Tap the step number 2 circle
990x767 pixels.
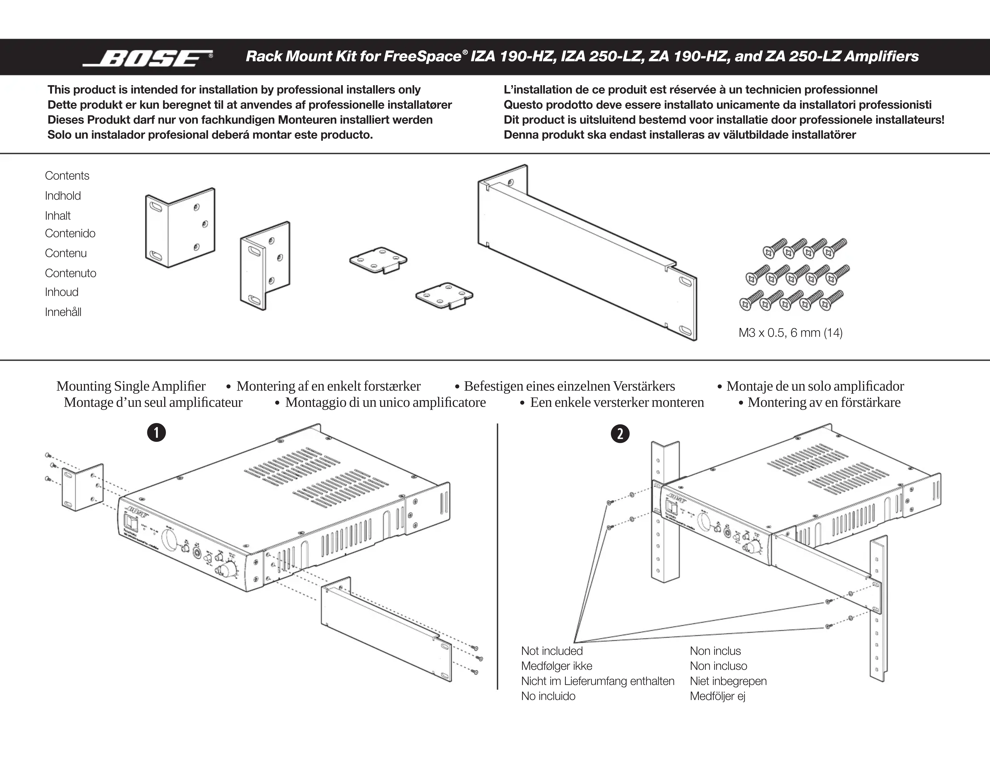click(x=620, y=434)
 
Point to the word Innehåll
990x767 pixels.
click(x=63, y=312)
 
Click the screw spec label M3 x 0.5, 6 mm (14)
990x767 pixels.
click(x=790, y=333)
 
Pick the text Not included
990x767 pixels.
click(x=552, y=651)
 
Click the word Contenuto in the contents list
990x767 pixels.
click(x=70, y=273)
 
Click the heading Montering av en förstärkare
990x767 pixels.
click(x=824, y=402)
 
